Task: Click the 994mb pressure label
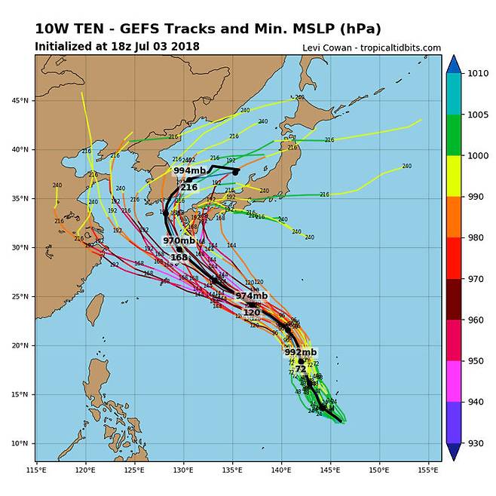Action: pyautogui.click(x=189, y=171)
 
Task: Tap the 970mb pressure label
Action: pyautogui.click(x=179, y=240)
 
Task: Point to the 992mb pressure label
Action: pyautogui.click(x=301, y=352)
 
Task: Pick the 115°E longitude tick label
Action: pyautogui.click(x=36, y=470)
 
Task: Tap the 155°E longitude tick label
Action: pyautogui.click(x=427, y=470)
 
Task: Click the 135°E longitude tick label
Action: pyautogui.click(x=232, y=470)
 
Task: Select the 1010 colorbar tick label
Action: pyautogui.click(x=479, y=75)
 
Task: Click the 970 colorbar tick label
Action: pyautogui.click(x=476, y=279)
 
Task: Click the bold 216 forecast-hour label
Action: pyautogui.click(x=188, y=187)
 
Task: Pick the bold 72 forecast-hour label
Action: pyautogui.click(x=301, y=369)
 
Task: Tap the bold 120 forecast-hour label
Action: pyautogui.click(x=252, y=311)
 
